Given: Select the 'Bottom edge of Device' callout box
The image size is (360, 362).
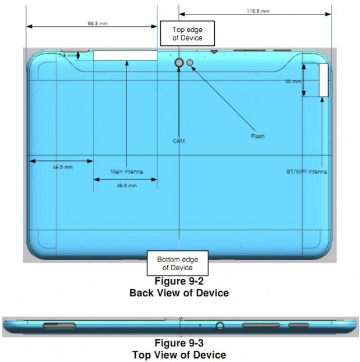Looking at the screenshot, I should coord(177,263).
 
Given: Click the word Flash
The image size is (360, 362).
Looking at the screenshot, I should coord(258,137).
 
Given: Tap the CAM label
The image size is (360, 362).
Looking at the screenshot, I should coord(179,141).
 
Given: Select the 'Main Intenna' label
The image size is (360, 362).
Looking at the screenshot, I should coord(126,171).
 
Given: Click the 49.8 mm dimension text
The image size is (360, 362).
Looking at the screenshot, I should coord(126,185).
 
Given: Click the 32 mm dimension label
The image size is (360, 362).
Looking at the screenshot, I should coord(292,81).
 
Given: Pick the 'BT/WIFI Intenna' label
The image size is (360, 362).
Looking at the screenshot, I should coord(306,172).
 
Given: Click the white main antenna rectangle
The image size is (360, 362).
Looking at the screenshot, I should coord(125,55).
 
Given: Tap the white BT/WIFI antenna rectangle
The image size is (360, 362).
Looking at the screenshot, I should coord(323,80).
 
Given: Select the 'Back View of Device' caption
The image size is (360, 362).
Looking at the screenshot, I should coord(179,293).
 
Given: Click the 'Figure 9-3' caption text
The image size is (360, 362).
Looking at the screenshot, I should coord(179,343).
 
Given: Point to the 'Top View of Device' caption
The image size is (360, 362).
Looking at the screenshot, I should coord(179,354).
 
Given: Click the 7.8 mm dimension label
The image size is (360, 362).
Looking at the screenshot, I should coord(67,56).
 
